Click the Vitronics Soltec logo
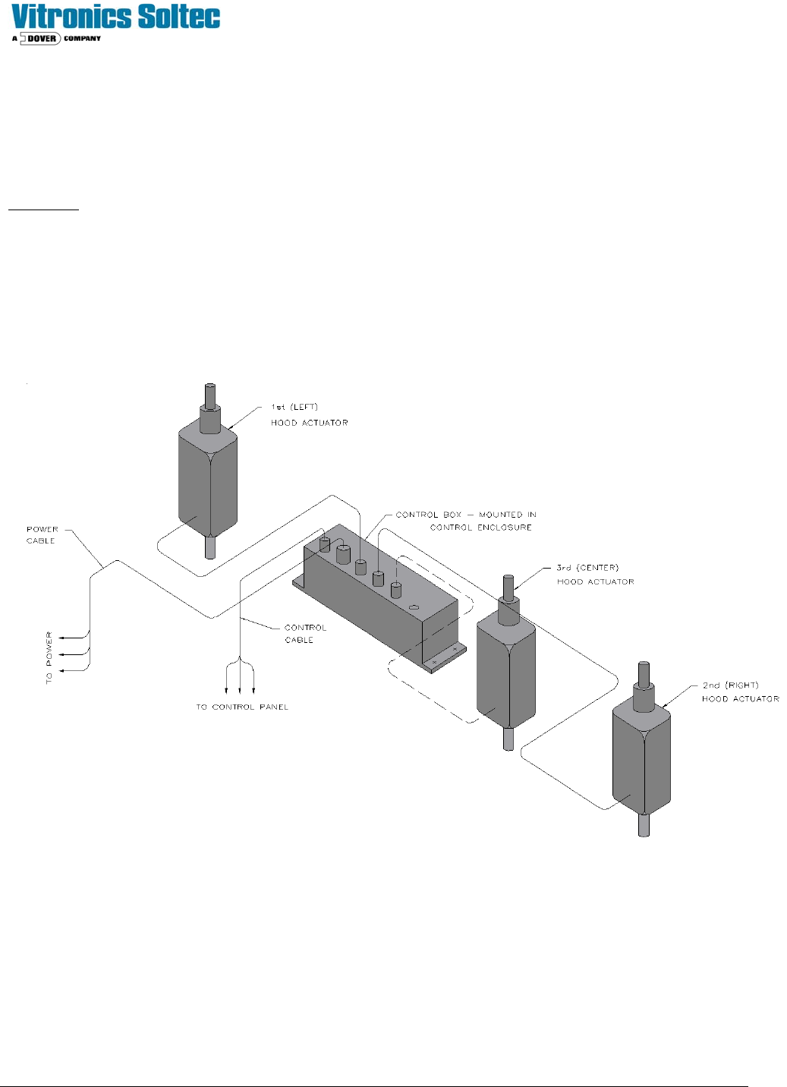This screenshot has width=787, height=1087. (x=116, y=17)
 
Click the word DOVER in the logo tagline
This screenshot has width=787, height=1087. (x=42, y=38)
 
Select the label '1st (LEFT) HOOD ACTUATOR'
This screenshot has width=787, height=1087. (x=309, y=414)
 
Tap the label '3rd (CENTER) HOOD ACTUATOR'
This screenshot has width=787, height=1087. (x=595, y=575)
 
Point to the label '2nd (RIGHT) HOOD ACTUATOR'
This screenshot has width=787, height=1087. (x=740, y=692)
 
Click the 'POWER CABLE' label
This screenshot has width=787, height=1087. (x=42, y=535)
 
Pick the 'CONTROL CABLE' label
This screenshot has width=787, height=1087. (x=305, y=634)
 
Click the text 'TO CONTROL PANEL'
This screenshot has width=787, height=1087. (x=242, y=707)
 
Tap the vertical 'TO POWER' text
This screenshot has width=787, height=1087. (x=49, y=657)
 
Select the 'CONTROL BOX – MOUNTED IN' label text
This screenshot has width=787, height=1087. (x=466, y=515)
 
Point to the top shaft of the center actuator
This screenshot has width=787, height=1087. (x=508, y=588)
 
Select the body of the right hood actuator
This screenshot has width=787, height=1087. (x=641, y=759)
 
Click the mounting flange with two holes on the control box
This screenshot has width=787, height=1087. (x=445, y=657)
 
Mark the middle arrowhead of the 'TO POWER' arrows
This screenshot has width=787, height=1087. (x=62, y=654)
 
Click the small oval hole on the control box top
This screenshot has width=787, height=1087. (x=414, y=607)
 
